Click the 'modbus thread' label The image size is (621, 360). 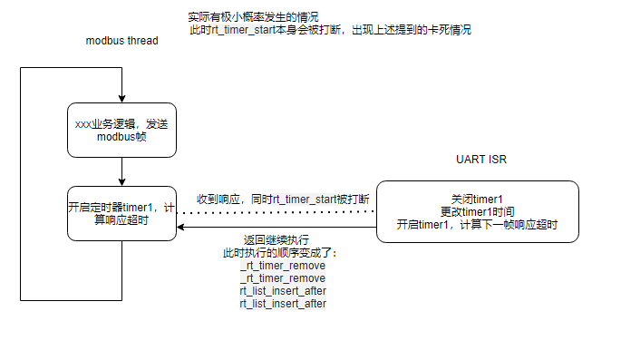[122, 42]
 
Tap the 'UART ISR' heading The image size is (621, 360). [481, 160]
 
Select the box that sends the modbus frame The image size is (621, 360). [121, 130]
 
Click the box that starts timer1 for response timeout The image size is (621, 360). [121, 214]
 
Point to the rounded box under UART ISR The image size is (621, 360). [477, 212]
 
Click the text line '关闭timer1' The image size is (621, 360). [477, 199]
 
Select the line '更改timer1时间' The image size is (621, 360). [477, 211]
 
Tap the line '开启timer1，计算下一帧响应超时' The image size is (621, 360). [477, 224]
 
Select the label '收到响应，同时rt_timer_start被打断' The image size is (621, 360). [282, 199]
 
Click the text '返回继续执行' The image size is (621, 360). [282, 240]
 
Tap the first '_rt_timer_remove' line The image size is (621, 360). [282, 266]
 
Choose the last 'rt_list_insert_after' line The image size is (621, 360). [282, 304]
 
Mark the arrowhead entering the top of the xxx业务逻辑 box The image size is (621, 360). [121, 97]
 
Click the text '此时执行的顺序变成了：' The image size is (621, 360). [282, 253]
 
